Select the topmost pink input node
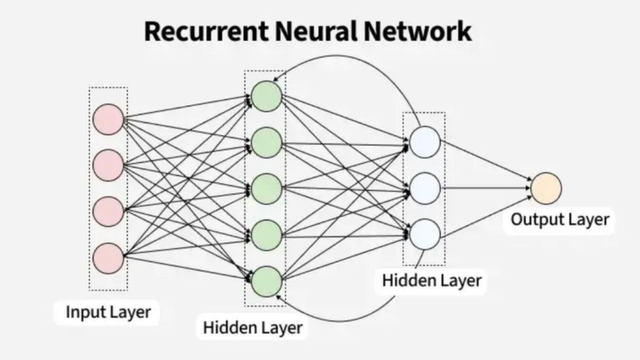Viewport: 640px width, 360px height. [x=108, y=119]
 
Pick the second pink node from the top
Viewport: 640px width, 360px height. [x=108, y=165]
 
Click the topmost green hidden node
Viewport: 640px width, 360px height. [x=267, y=97]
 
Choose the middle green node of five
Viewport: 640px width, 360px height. [x=267, y=188]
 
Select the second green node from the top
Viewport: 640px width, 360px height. [x=267, y=142]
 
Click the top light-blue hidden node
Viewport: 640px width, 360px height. [x=425, y=142]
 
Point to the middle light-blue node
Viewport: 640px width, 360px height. [x=425, y=186]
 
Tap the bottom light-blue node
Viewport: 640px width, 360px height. [x=425, y=232]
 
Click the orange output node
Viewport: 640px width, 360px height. [x=546, y=187]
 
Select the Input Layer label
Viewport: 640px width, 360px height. [x=108, y=311]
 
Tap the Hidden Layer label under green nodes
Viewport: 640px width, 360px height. [x=252, y=326]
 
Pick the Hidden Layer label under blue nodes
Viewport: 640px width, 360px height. [x=432, y=280]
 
